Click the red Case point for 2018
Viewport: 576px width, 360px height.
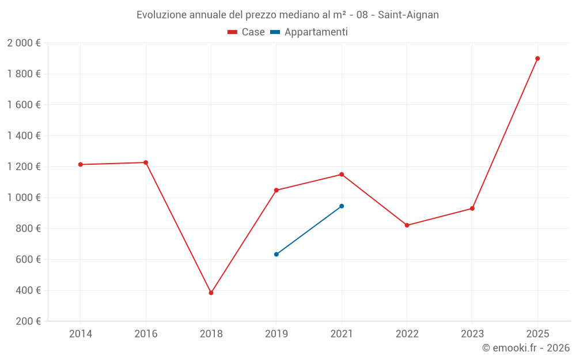(211, 293)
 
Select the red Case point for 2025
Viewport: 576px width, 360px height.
(537, 58)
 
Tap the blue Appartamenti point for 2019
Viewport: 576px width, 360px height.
(276, 254)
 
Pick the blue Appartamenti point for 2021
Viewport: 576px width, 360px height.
(342, 206)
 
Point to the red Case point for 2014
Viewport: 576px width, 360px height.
(81, 165)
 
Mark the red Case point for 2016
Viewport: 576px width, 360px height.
(146, 162)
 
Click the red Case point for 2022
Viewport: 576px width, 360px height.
(407, 225)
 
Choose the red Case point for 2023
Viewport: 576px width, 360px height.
(472, 209)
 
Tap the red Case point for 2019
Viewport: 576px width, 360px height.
(276, 190)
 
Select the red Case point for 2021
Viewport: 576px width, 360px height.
(342, 175)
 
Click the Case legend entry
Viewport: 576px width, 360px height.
(246, 32)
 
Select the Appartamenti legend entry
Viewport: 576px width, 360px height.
(309, 32)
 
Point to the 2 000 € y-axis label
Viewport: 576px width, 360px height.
(24, 43)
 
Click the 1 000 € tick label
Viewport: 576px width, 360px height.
(24, 198)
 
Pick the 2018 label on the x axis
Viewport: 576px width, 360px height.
(211, 334)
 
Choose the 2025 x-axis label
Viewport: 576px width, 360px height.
(537, 334)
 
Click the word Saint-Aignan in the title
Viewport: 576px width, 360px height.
(408, 15)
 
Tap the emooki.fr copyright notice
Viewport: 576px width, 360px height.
(526, 348)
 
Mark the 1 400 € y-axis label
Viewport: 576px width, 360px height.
(24, 136)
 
